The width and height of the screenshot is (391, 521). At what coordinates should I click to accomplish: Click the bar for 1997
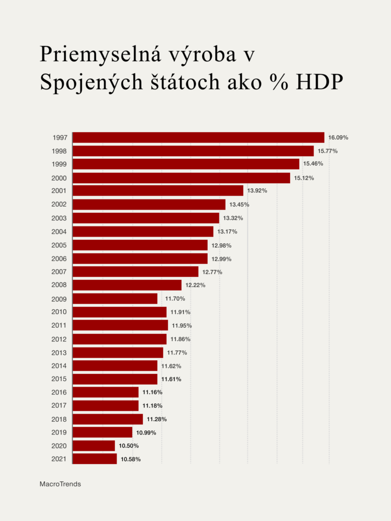[199, 137]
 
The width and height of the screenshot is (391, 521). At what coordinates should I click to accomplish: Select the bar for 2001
[158, 191]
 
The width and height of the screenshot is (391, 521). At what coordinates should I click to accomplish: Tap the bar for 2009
[115, 299]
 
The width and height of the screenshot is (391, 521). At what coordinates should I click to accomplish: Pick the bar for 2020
[94, 446]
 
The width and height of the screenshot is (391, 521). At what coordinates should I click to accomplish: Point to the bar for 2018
[107, 419]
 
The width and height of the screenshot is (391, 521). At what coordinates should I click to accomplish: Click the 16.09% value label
[338, 137]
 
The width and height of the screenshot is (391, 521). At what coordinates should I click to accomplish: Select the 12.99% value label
[221, 259]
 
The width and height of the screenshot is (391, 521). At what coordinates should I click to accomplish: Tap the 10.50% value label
[129, 446]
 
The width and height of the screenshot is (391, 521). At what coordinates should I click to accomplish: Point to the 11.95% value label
[182, 326]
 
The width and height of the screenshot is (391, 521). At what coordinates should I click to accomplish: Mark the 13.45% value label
[239, 205]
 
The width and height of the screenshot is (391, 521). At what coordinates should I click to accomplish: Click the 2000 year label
[59, 178]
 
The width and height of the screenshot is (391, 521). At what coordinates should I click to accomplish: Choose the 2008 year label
[59, 285]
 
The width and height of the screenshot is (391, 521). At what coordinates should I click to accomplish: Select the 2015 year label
[59, 379]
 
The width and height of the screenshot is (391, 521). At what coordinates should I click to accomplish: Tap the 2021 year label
[59, 459]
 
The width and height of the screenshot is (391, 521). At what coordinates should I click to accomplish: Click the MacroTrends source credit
[60, 484]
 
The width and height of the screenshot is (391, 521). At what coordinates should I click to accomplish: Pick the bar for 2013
[118, 353]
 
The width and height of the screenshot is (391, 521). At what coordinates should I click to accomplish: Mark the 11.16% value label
[152, 392]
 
